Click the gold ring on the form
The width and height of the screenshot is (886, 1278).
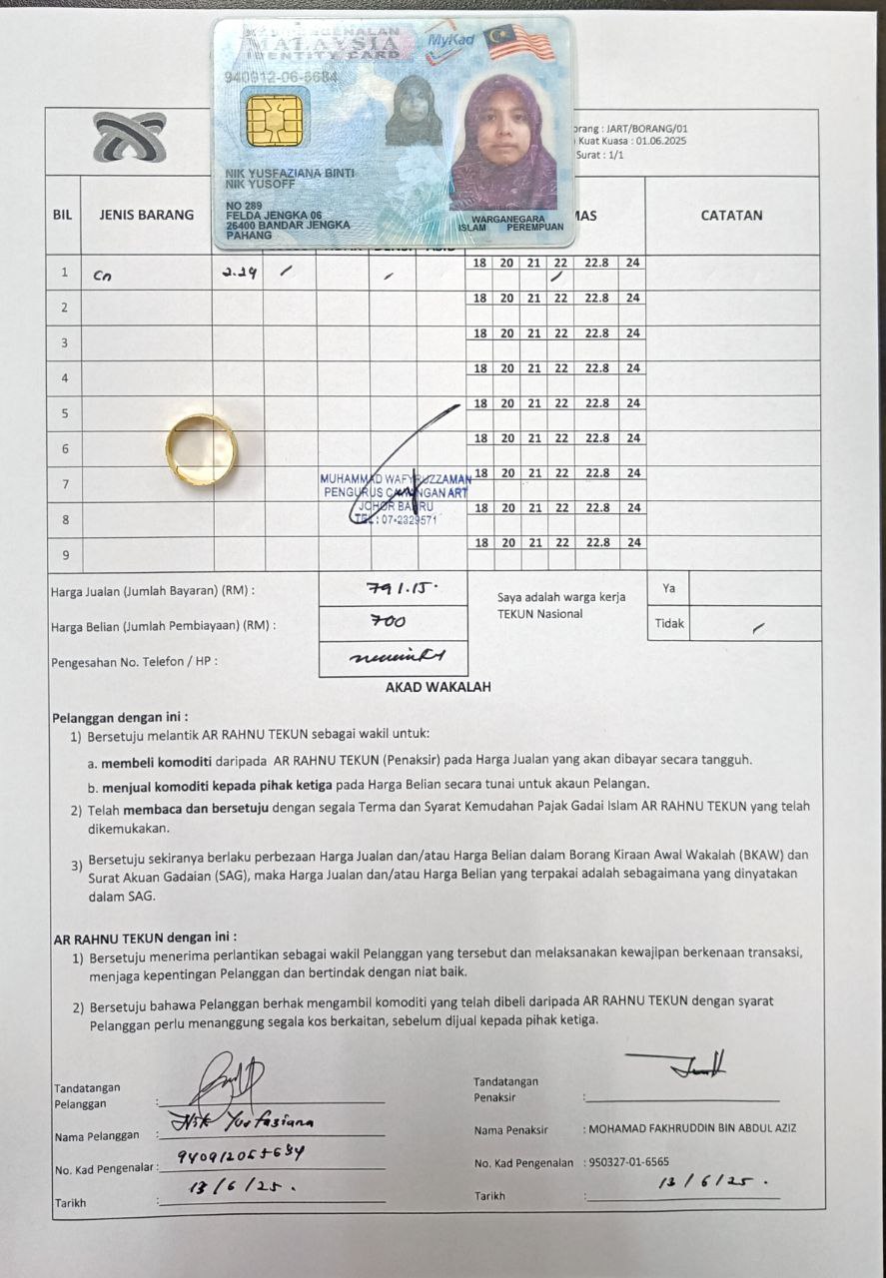pyautogui.click(x=201, y=449)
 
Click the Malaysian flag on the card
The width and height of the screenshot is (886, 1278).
pyautogui.click(x=518, y=42)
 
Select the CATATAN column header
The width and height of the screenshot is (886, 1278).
pyautogui.click(x=731, y=215)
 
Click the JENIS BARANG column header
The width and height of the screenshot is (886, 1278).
pyautogui.click(x=147, y=215)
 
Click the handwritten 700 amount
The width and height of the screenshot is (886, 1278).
pyautogui.click(x=388, y=622)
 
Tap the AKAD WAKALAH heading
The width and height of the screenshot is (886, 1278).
pyautogui.click(x=438, y=687)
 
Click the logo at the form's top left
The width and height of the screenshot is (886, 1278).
pyautogui.click(x=129, y=138)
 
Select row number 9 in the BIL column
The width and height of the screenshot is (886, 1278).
pyautogui.click(x=65, y=554)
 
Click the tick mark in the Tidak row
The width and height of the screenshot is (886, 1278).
pyautogui.click(x=759, y=627)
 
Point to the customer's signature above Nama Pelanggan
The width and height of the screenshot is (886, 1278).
pyautogui.click(x=228, y=1081)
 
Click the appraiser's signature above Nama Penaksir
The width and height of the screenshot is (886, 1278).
pyautogui.click(x=689, y=1065)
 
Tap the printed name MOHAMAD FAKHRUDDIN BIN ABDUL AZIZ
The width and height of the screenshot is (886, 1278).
pyautogui.click(x=689, y=1129)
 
